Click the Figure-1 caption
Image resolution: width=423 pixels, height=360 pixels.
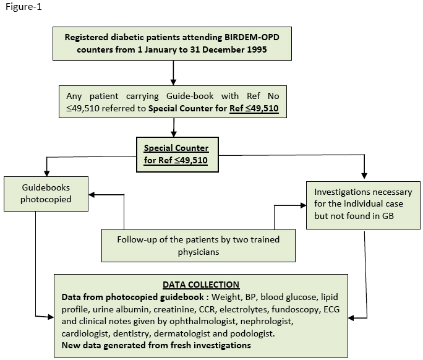click(x=23, y=6)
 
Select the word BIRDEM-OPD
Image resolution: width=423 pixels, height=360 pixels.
click(x=252, y=37)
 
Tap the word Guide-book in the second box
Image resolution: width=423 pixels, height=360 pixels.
click(x=190, y=96)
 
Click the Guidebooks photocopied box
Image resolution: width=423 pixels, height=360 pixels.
click(x=46, y=194)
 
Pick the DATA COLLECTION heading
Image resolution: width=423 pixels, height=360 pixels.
click(x=201, y=285)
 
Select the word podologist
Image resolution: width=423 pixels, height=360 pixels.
click(x=252, y=334)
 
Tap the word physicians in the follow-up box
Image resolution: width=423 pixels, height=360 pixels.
click(x=199, y=252)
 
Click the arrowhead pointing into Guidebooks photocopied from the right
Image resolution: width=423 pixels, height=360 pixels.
click(x=92, y=195)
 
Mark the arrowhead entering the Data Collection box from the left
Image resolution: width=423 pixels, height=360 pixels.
click(x=51, y=317)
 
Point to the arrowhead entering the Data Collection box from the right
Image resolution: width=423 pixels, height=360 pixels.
click(x=351, y=318)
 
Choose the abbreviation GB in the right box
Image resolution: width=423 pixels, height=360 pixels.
click(x=388, y=216)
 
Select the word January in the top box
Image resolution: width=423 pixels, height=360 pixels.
click(x=165, y=49)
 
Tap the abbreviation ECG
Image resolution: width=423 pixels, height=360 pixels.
click(x=331, y=309)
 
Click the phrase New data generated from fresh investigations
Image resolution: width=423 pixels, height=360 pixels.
click(x=156, y=345)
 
